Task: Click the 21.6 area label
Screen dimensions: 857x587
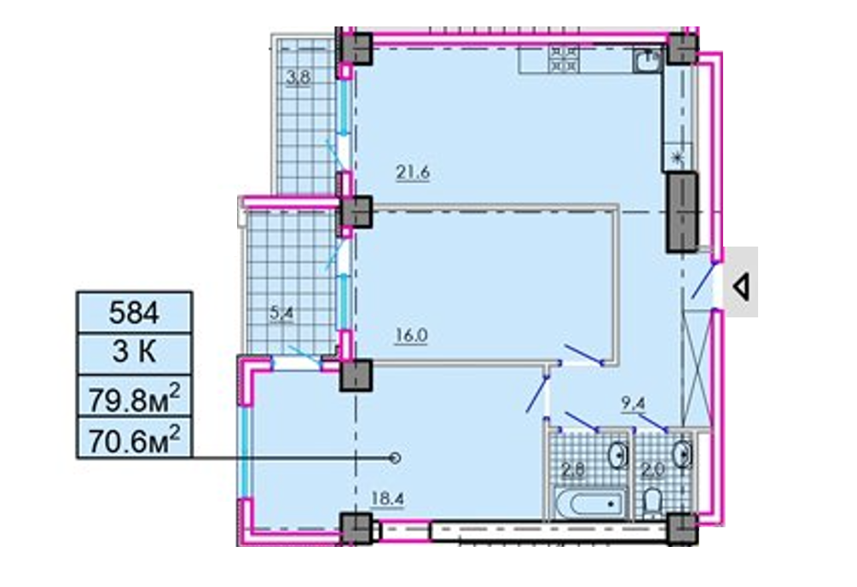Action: coord(413,173)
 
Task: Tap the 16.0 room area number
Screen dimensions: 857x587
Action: coord(411,335)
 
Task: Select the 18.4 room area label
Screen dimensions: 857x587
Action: coord(387,499)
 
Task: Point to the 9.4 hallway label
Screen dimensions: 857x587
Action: coord(634,404)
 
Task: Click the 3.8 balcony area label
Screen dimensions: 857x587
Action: coord(298,78)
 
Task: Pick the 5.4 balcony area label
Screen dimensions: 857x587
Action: coord(282,313)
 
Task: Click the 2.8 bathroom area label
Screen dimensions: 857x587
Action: coord(573,469)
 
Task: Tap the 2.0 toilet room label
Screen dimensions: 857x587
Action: coord(652,469)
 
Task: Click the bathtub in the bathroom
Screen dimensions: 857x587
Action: coord(589,503)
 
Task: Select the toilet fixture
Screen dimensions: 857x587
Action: coord(652,503)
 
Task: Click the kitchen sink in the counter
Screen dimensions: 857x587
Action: coord(648,59)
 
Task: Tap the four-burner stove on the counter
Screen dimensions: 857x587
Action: coord(565,59)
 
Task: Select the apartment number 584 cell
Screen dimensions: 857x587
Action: coord(134,312)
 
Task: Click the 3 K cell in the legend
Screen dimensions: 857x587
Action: coord(134,353)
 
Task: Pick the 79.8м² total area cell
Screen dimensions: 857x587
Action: coord(134,396)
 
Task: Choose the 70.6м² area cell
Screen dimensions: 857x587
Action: coord(134,438)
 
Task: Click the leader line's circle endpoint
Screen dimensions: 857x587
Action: coord(395,458)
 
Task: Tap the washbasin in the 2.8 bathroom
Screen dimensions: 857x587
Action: coord(620,455)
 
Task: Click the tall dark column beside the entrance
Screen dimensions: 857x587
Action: coord(681,212)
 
